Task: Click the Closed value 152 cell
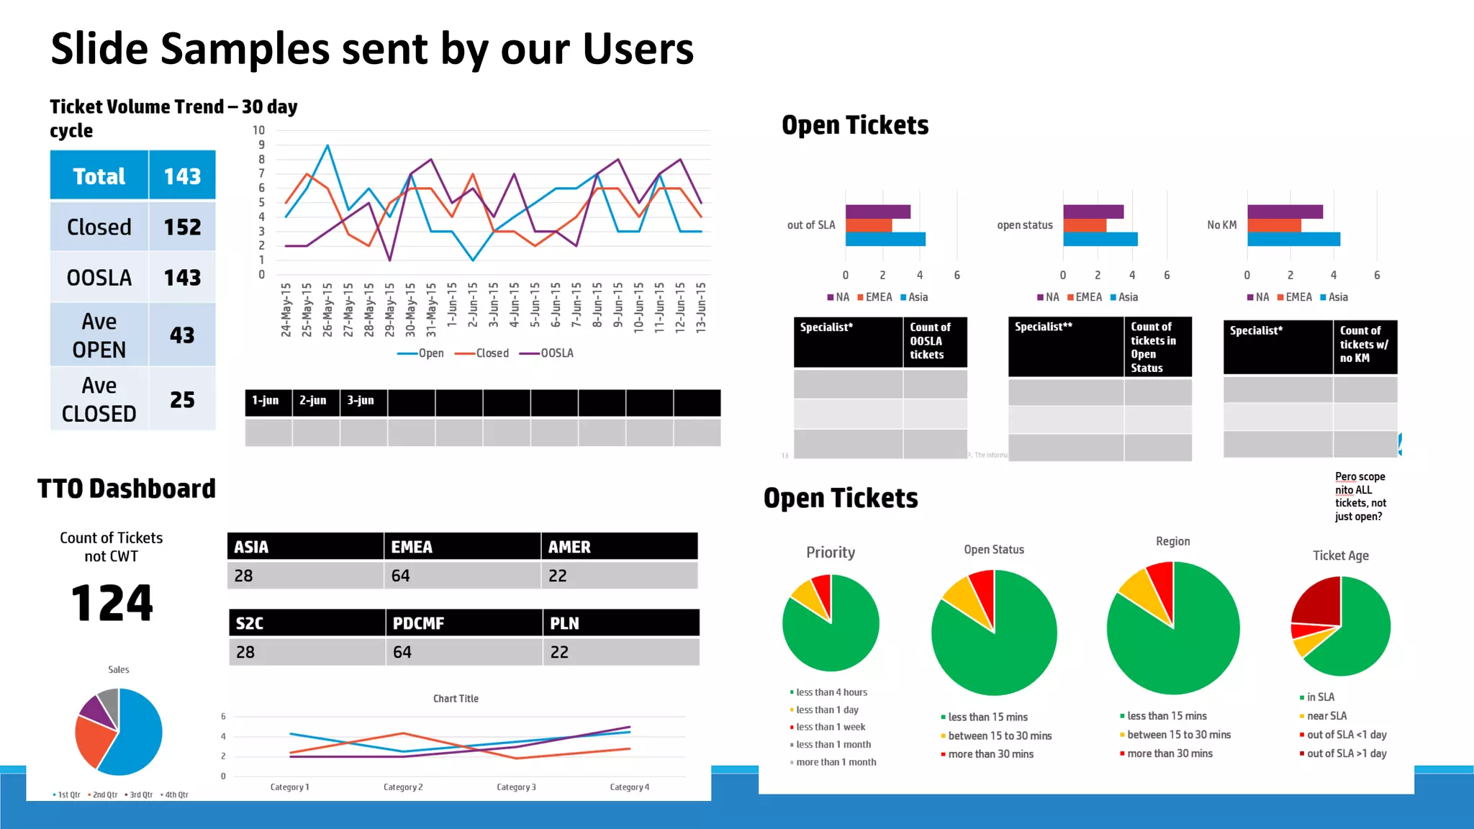pyautogui.click(x=182, y=227)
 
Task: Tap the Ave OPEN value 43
pyautogui.click(x=182, y=335)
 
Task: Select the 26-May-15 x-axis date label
pyautogui.click(x=327, y=309)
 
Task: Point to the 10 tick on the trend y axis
pyautogui.click(x=259, y=130)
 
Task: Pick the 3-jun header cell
pyautogui.click(x=361, y=401)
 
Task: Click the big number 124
pyautogui.click(x=112, y=603)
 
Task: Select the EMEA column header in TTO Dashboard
pyautogui.click(x=461, y=547)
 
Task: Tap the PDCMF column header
pyautogui.click(x=463, y=623)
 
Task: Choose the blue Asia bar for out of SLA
pyautogui.click(x=885, y=239)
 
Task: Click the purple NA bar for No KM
pyautogui.click(x=1285, y=212)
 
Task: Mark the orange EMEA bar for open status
pyautogui.click(x=1085, y=225)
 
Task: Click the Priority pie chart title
pyautogui.click(x=831, y=553)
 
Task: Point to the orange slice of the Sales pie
pyautogui.click(x=93, y=741)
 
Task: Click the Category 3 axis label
pyautogui.click(x=516, y=787)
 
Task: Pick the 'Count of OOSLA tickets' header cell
pyautogui.click(x=934, y=341)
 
